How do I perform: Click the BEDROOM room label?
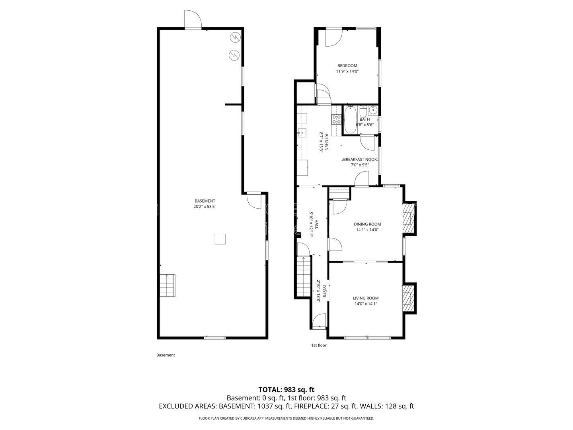[x=347, y=66]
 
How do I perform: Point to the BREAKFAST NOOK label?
[x=360, y=159]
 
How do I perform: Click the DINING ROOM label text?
[x=367, y=224]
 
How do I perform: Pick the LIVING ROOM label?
[x=365, y=298]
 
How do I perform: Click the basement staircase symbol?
[x=168, y=285]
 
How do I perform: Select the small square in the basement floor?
[x=220, y=239]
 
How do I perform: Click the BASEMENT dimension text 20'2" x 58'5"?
[x=205, y=207]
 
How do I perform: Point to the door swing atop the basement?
[x=193, y=19]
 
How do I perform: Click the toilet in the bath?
[x=363, y=111]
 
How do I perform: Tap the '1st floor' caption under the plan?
[x=319, y=345]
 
